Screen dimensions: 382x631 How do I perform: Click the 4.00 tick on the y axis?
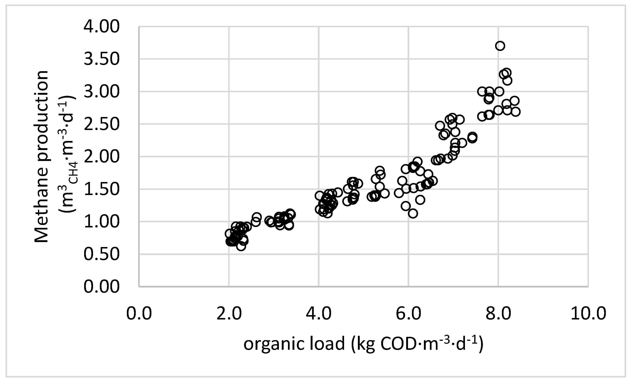coord(101,27)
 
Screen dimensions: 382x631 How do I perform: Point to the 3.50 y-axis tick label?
coord(101,59)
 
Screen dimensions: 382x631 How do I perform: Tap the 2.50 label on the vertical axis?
coord(101,124)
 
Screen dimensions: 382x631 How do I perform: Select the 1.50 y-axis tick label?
coord(101,189)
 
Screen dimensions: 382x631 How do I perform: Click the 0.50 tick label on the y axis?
coord(101,254)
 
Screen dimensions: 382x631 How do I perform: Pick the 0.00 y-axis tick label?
coord(101,286)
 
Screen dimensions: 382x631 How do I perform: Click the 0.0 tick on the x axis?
coord(139,314)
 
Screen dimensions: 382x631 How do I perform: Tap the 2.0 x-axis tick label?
coord(229,314)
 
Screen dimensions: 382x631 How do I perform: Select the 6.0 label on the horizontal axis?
coord(409,314)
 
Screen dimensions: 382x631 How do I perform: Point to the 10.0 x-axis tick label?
coord(589,314)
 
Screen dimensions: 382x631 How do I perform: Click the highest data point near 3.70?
coord(500,46)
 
